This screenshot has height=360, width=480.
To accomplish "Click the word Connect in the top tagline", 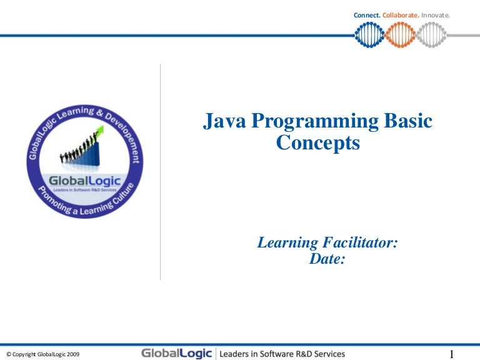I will point(367,15).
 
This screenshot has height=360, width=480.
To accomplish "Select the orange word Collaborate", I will point(401,15).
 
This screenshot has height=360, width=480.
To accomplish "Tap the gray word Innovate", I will point(435,15).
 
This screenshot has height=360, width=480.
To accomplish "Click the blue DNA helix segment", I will point(369,35).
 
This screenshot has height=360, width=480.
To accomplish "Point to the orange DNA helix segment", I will point(400,35).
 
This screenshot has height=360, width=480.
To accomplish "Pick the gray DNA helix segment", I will point(431,35).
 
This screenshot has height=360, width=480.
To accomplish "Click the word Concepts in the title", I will point(318,143).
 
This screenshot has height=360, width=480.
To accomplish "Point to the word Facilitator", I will point(358,243).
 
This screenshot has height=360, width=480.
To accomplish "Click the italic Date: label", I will point(327,259).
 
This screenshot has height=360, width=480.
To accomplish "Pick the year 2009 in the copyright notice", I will point(72,354).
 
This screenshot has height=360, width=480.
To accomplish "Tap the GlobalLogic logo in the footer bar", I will point(177,354).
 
